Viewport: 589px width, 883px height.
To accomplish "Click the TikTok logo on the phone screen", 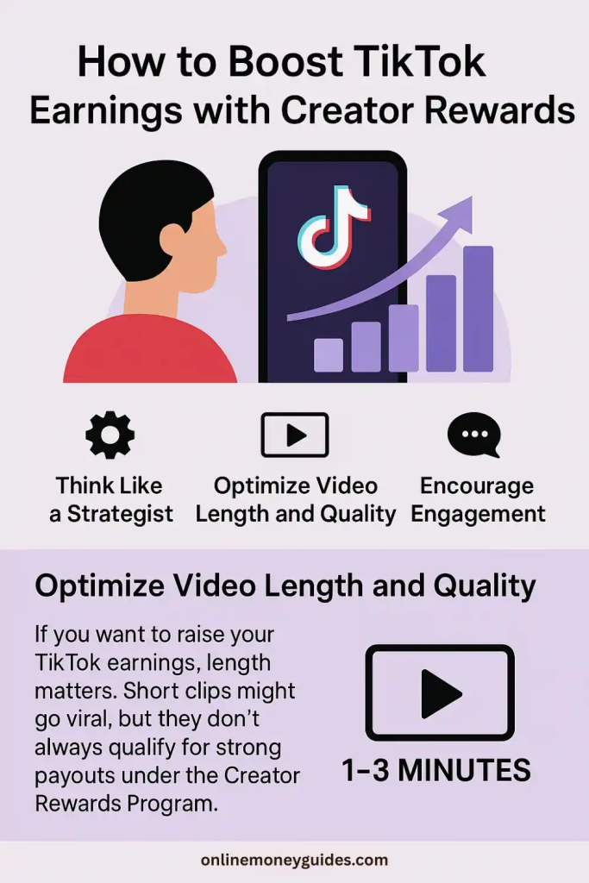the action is click(x=334, y=227).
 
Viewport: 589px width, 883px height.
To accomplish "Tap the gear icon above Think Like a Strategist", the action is click(x=110, y=435).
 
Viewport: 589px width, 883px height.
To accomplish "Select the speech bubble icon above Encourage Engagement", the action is click(x=474, y=435).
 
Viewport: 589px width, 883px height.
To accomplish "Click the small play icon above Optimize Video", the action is click(x=295, y=435).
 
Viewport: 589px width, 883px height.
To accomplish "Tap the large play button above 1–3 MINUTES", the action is click(x=440, y=692).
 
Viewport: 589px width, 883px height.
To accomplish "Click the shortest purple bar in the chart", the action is click(x=329, y=355).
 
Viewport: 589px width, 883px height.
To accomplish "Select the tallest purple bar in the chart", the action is click(x=478, y=309).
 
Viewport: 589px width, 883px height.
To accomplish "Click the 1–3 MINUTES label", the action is click(x=436, y=770).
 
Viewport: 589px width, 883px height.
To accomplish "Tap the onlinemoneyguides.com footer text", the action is click(x=295, y=861).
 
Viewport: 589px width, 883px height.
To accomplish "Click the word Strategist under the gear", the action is click(x=120, y=514).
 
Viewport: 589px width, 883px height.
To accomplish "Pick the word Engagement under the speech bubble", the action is click(x=478, y=514).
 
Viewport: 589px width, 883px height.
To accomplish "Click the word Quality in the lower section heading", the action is click(x=485, y=586).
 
